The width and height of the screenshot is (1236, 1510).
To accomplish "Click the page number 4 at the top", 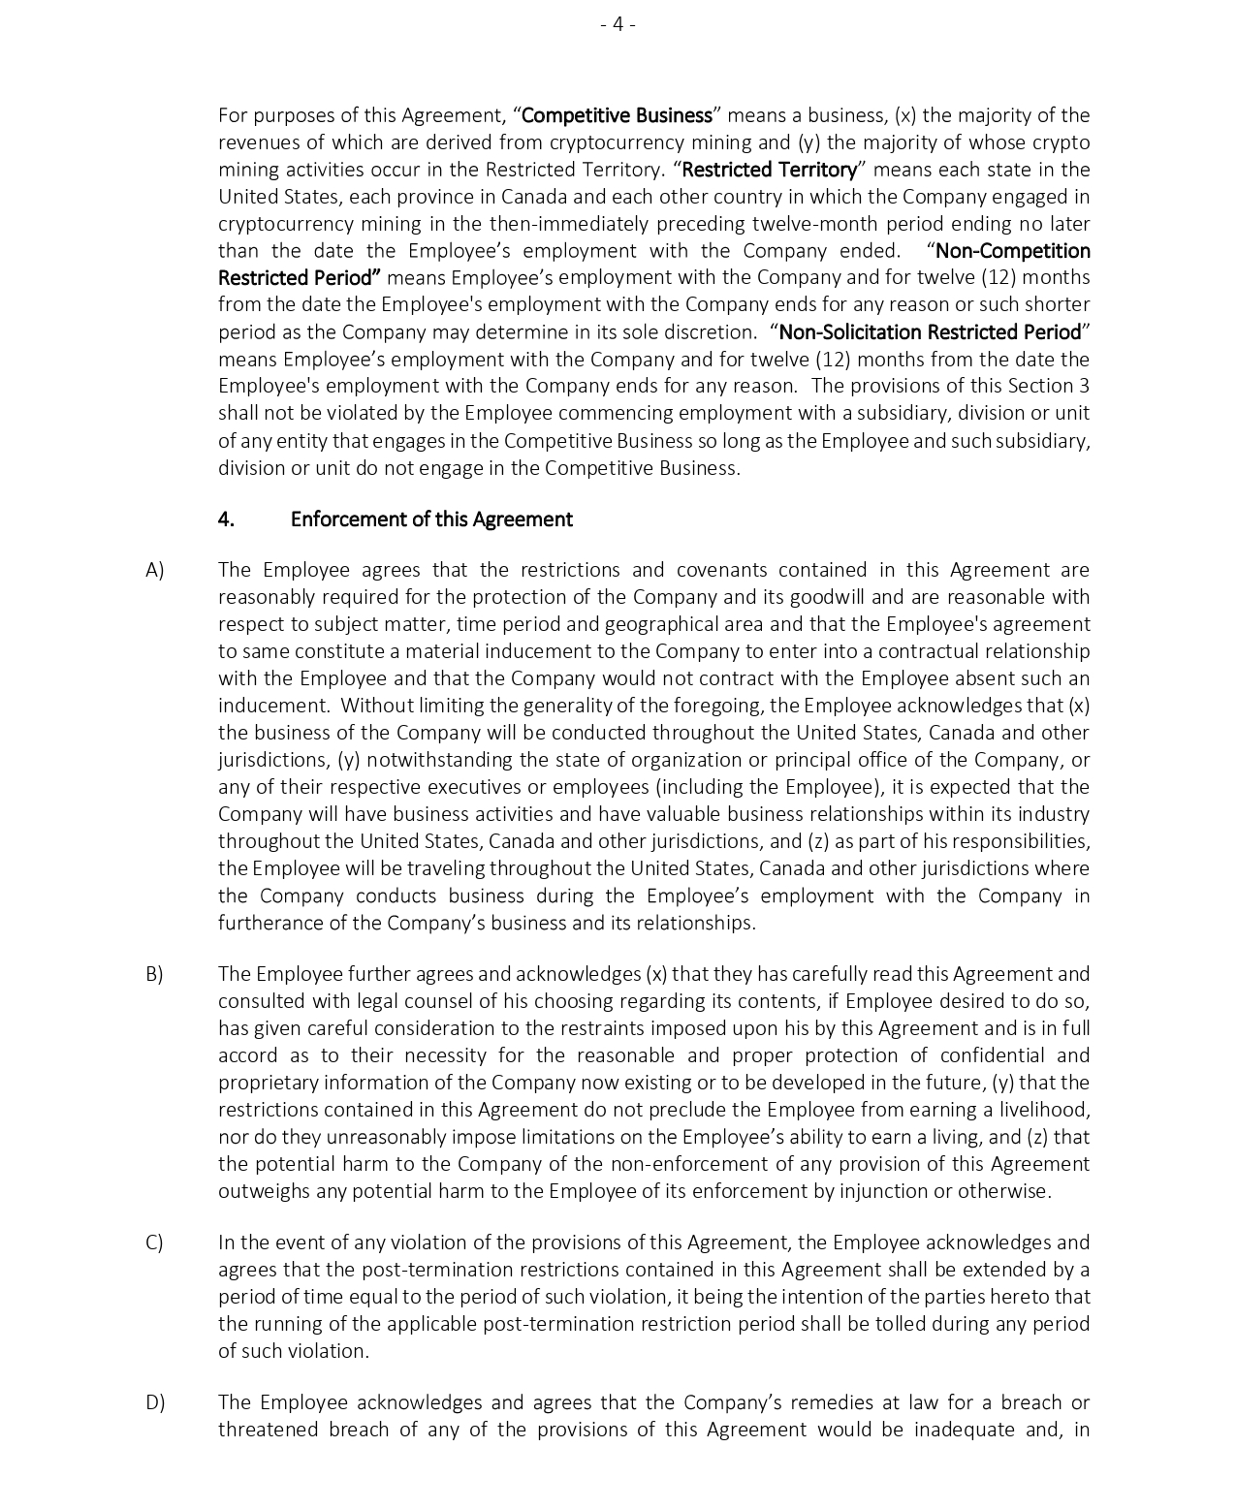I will coord(618,24).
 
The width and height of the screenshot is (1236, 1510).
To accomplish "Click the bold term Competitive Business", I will coord(617,115).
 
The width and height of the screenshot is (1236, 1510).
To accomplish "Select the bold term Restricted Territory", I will coord(770,170).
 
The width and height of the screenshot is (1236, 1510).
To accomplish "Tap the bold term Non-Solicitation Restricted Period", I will coord(930,332).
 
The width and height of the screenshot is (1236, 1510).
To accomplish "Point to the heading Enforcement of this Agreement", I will coord(431,519).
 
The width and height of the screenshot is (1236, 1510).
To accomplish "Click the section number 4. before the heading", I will coord(226,519).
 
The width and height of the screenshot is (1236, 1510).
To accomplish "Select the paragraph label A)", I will coord(155,570).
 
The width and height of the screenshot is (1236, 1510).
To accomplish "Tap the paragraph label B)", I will coord(155,974).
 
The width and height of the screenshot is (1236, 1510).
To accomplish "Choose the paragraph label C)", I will coord(155,1243).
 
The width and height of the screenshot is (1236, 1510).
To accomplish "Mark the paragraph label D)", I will coord(155,1402).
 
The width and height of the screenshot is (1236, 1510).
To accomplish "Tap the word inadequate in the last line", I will coord(964,1430).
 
